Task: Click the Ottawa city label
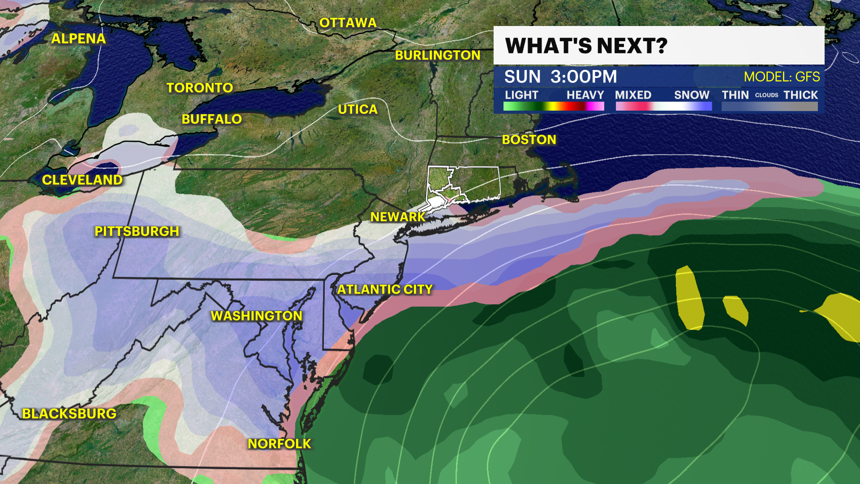click(x=348, y=23)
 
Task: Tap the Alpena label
click(x=78, y=39)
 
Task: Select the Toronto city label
click(x=200, y=88)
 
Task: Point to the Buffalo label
click(x=212, y=119)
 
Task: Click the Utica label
click(x=358, y=109)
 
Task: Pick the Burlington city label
click(x=438, y=55)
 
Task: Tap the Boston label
click(x=529, y=140)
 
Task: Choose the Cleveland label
click(x=82, y=180)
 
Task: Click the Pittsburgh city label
click(x=137, y=231)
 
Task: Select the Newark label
click(x=398, y=217)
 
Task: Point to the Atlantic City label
click(x=385, y=290)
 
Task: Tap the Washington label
click(x=257, y=316)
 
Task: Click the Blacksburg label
click(x=69, y=414)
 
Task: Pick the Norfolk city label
click(x=279, y=444)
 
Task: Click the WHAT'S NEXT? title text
click(x=586, y=46)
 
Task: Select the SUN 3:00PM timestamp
click(x=561, y=77)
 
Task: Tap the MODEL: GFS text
click(x=782, y=77)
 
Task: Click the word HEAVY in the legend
click(x=585, y=95)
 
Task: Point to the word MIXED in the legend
click(x=633, y=95)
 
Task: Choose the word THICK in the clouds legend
click(x=801, y=95)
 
